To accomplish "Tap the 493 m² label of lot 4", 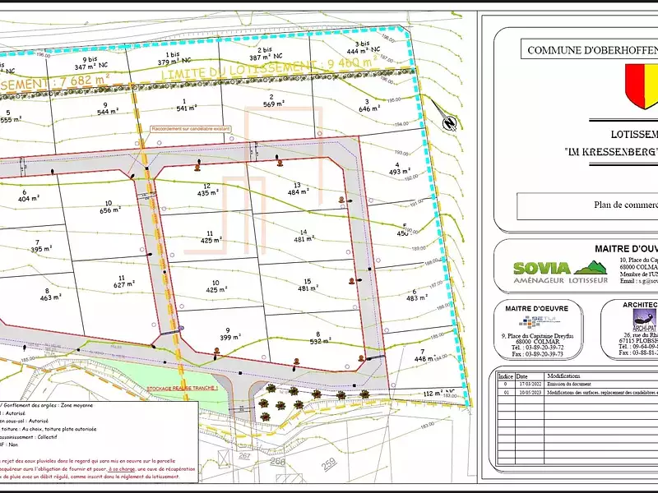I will (x=399, y=172).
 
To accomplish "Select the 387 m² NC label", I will (x=259, y=60).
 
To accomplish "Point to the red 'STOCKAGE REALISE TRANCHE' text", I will (x=183, y=364).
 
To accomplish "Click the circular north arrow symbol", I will (x=450, y=124).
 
